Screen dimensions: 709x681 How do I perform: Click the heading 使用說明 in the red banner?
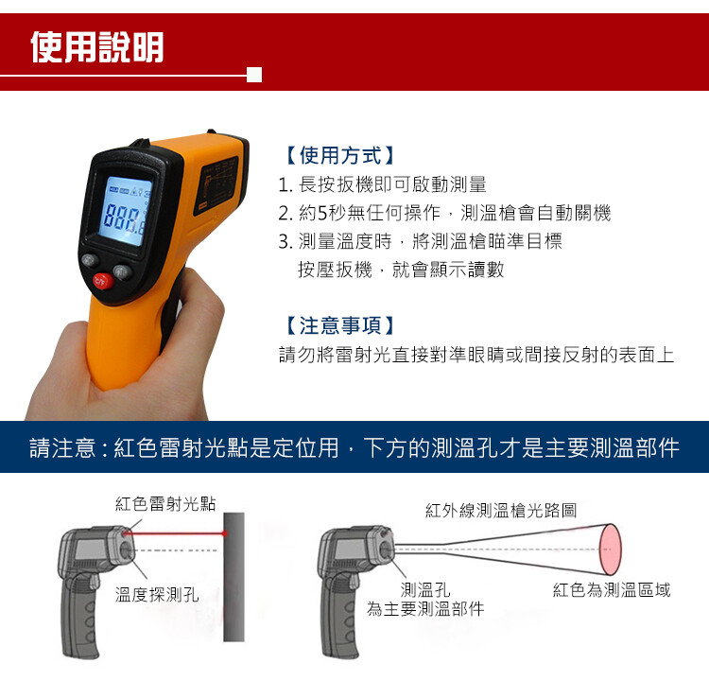point(97,47)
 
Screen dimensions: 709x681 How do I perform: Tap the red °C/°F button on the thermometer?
point(103,281)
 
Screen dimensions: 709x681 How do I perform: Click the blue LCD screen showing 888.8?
point(125,211)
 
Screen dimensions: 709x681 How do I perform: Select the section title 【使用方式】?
point(340,156)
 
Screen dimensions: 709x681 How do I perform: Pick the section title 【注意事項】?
point(340,325)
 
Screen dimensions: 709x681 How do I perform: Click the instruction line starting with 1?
point(383,184)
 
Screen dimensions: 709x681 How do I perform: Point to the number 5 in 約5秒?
point(322,213)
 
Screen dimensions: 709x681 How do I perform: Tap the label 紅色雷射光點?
point(165,503)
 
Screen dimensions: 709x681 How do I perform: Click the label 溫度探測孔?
point(157,595)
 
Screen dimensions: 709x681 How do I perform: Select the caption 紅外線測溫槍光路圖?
point(501,511)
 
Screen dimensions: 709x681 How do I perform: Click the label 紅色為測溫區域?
point(612,589)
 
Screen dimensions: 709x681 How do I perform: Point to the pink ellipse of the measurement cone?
point(611,550)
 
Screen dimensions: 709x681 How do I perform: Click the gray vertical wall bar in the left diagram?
point(233,577)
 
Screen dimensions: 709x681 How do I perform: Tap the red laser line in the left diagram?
point(175,534)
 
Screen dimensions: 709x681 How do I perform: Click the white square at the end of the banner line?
point(254,75)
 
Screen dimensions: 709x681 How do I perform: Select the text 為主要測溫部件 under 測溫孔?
point(425,609)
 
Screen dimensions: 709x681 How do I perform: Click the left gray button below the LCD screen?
point(90,260)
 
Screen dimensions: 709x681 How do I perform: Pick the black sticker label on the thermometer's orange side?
point(216,185)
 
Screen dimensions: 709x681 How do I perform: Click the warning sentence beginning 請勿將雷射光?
point(476,355)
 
